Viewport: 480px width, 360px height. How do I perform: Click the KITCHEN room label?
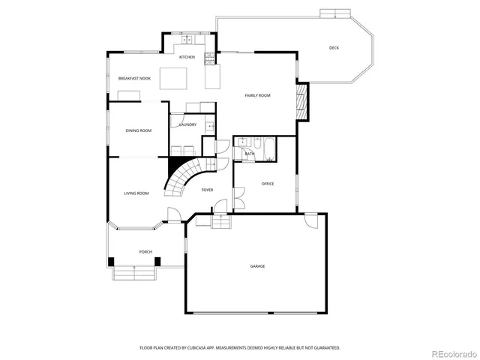point(187,57)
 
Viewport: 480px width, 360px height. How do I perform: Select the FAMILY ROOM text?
point(258,95)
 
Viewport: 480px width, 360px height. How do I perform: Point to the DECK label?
point(334,48)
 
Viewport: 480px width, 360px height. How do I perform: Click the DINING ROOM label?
point(138,130)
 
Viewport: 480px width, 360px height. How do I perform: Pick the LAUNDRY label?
point(187,124)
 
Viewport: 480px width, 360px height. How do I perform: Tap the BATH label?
point(249,154)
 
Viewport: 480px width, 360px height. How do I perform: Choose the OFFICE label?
point(268,183)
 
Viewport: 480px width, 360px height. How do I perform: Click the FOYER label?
point(207,190)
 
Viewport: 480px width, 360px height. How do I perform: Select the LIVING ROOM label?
point(136,193)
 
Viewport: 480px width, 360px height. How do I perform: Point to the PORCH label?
point(145,252)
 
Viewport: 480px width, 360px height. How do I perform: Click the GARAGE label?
point(257,266)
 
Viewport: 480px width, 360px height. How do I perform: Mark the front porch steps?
point(135,273)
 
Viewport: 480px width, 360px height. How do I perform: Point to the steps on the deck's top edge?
point(335,13)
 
